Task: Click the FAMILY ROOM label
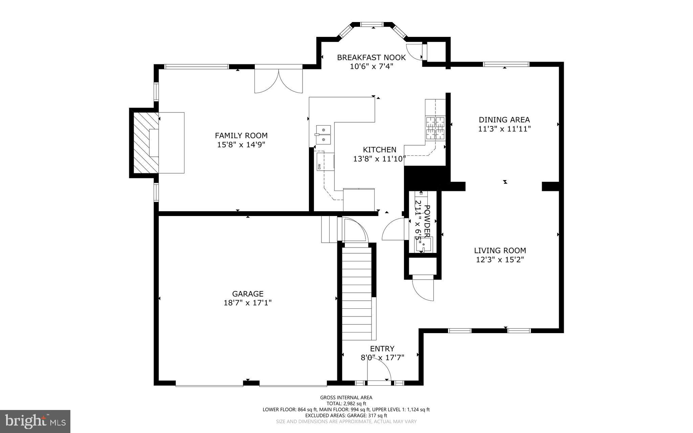point(241,135)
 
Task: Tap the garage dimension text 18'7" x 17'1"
point(247,303)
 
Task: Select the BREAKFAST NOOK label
point(371,58)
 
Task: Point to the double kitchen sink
point(323,134)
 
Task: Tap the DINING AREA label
point(504,120)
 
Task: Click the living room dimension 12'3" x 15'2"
point(500,260)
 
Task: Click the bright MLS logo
point(35,421)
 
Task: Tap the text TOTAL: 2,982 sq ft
point(346,403)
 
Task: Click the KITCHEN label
point(379,150)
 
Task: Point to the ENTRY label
point(382,349)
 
